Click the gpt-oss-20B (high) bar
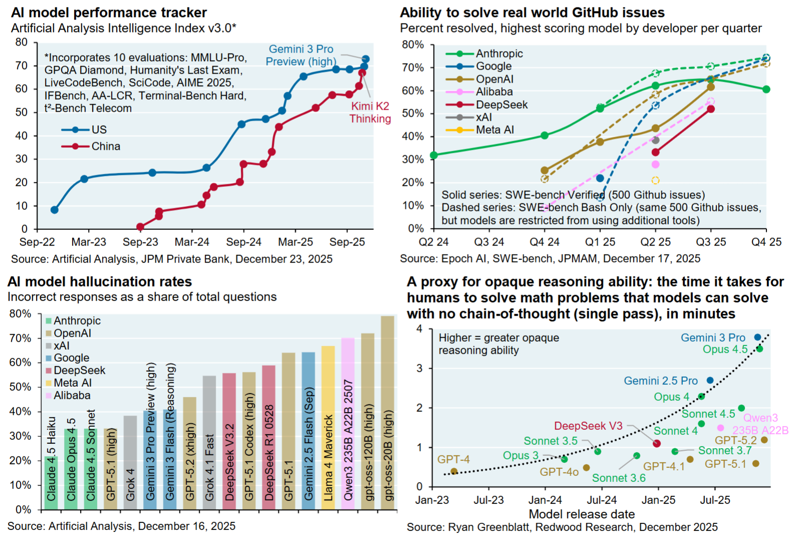pyautogui.click(x=387, y=413)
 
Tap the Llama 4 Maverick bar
pyautogui.click(x=328, y=428)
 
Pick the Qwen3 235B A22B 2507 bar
pyautogui.click(x=348, y=424)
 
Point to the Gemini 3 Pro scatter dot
pyautogui.click(x=757, y=338)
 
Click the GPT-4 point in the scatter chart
pyautogui.click(x=454, y=471)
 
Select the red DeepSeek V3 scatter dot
pyautogui.click(x=657, y=443)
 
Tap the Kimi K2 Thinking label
pyautogui.click(x=370, y=112)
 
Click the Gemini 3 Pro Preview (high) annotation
pyautogui.click(x=300, y=55)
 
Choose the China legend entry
pyautogui.click(x=106, y=146)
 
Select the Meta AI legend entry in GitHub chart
pyautogui.click(x=495, y=130)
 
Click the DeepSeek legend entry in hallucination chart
pyautogui.click(x=79, y=370)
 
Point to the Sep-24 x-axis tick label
pyautogui.click(x=243, y=242)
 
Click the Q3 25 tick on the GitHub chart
pyautogui.click(x=711, y=242)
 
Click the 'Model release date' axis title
pyautogui.click(x=582, y=514)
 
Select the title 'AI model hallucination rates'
pyautogui.click(x=100, y=282)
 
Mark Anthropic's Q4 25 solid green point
pyautogui.click(x=766, y=89)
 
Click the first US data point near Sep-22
pyautogui.click(x=54, y=210)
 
